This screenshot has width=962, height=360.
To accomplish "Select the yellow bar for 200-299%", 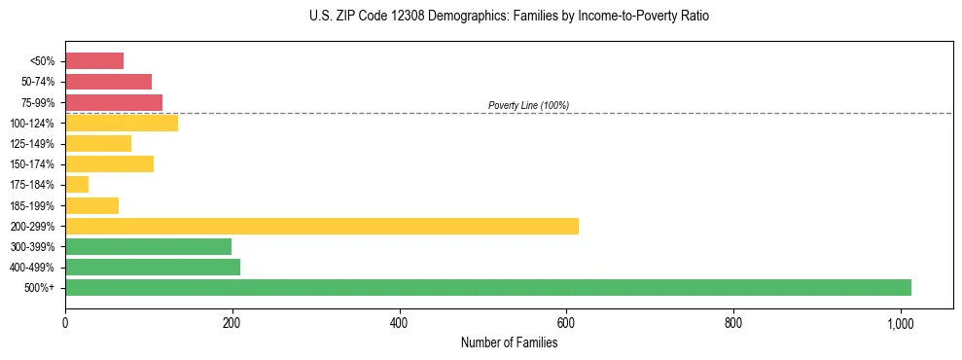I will pos(322,226).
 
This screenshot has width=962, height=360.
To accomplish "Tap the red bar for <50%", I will pos(94,60).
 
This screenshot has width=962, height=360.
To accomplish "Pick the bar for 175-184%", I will pos(77,184).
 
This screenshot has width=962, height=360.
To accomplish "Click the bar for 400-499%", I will pos(153,267).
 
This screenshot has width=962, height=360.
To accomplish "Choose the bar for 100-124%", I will pos(122,123).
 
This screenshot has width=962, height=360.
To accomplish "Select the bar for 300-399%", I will pos(148,246).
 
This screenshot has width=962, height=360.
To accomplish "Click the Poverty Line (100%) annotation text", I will pos(528,105).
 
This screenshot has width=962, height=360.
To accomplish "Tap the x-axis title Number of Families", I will pos(509,342).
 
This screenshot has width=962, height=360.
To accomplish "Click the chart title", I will pos(509,17).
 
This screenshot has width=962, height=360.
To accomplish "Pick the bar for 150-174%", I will pos(109,163).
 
